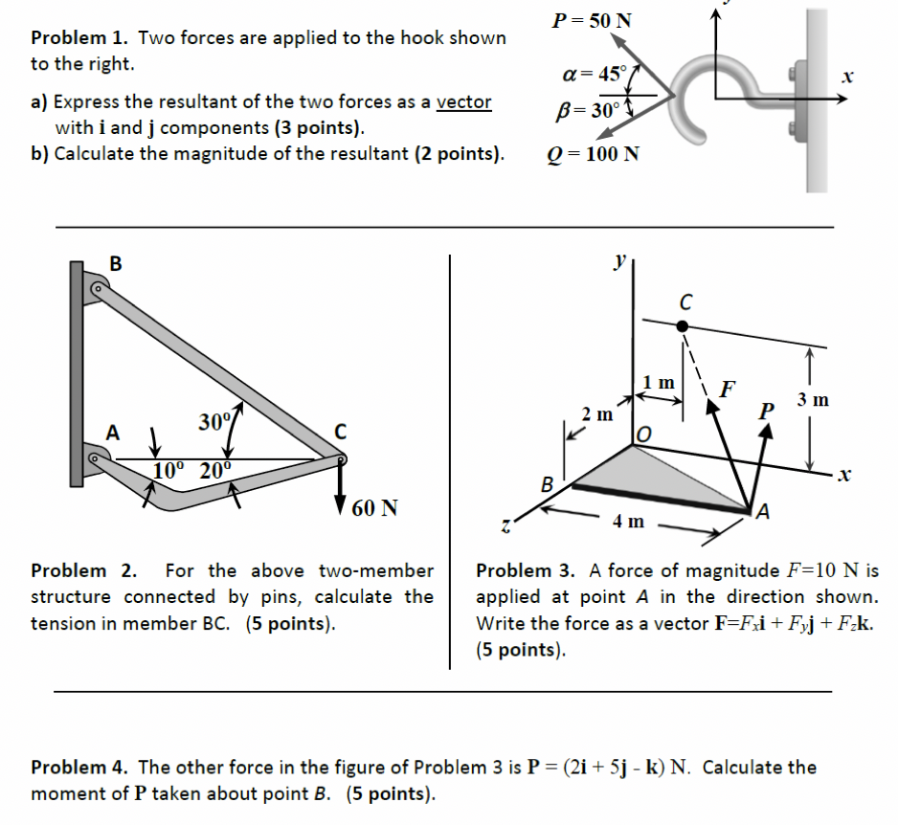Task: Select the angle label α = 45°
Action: [x=595, y=74]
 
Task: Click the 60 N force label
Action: [x=375, y=508]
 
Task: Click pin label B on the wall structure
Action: [x=116, y=264]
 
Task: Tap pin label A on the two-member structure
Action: [x=113, y=433]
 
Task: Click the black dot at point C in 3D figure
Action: [x=682, y=326]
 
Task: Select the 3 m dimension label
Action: [x=813, y=399]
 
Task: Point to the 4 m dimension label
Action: [x=629, y=523]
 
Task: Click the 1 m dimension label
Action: [x=658, y=383]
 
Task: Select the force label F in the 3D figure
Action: [x=729, y=389]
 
